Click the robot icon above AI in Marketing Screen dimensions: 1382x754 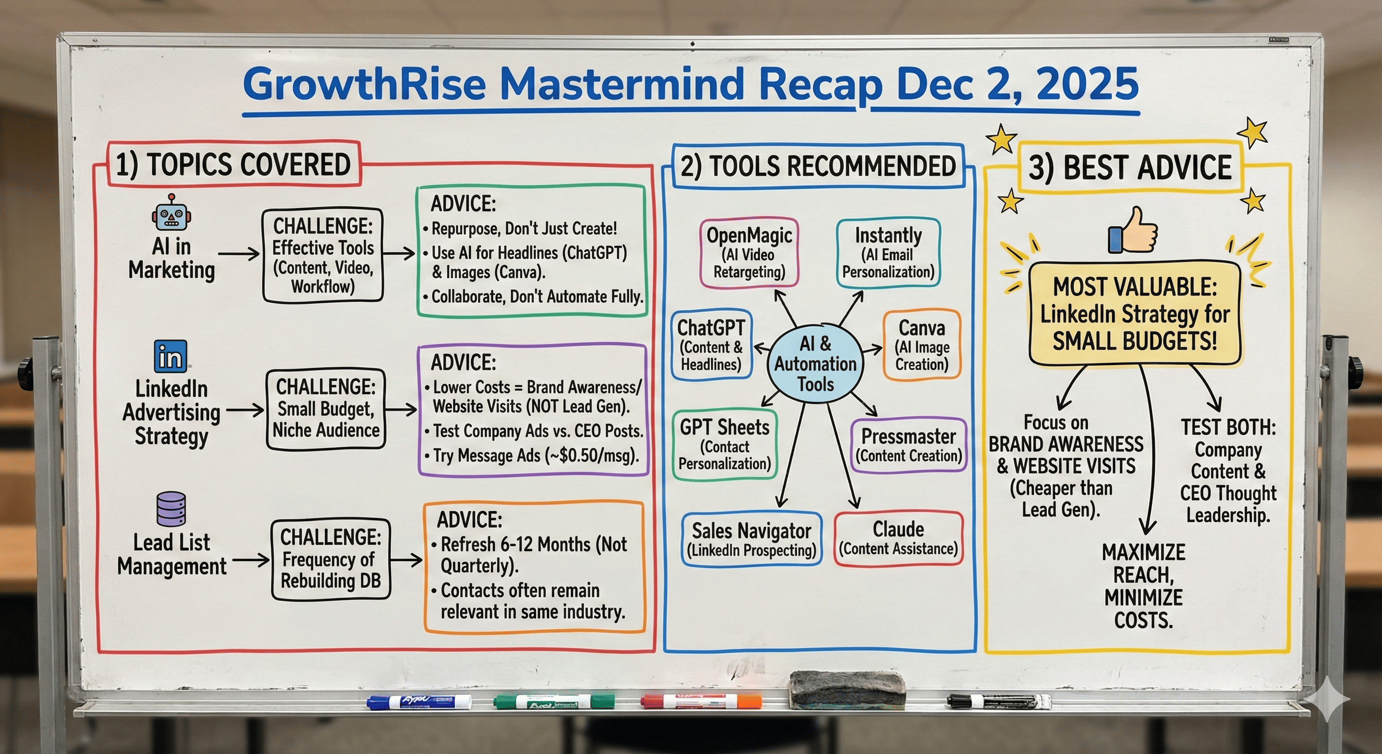(x=171, y=214)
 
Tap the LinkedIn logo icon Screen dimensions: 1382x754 (x=171, y=356)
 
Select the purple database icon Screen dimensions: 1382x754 (x=171, y=509)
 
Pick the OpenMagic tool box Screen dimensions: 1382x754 (x=749, y=253)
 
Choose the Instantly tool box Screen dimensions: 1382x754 (x=888, y=253)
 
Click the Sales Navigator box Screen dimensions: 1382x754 (x=751, y=539)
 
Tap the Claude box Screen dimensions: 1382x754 (x=898, y=538)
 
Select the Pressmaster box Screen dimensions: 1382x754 (x=908, y=445)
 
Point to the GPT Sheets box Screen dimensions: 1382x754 (x=724, y=445)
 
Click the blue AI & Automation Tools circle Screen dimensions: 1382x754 (x=815, y=363)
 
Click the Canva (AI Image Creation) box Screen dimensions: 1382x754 (x=921, y=345)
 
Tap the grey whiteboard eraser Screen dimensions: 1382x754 (x=847, y=689)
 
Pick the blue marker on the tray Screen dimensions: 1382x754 (x=419, y=701)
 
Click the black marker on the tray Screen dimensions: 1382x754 (x=998, y=700)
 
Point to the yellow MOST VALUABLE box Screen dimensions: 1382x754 (x=1135, y=314)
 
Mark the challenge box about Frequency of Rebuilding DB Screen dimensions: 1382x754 (x=330, y=559)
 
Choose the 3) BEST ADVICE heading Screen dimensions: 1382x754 (x=1130, y=167)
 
